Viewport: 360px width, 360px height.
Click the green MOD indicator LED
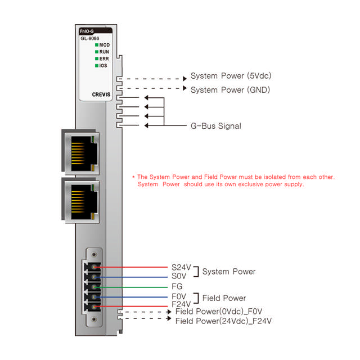click(x=97, y=44)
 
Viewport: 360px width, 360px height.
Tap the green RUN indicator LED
click(x=97, y=51)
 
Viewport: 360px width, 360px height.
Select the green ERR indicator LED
click(x=97, y=58)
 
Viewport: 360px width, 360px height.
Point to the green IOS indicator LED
click(x=97, y=66)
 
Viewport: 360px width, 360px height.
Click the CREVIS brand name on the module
click(x=101, y=95)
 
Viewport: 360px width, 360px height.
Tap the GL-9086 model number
click(x=90, y=38)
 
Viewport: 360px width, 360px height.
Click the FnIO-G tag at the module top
click(x=87, y=31)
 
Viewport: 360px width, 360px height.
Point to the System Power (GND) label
click(x=231, y=90)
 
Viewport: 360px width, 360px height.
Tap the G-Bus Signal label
click(x=216, y=126)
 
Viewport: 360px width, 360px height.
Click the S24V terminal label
click(x=182, y=268)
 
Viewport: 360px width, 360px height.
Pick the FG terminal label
click(x=177, y=286)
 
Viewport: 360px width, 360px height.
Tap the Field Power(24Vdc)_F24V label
click(x=223, y=321)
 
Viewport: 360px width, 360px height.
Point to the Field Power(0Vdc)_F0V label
click(x=219, y=311)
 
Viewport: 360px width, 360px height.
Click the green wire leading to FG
click(x=135, y=286)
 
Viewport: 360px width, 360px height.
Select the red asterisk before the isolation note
click(x=133, y=177)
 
